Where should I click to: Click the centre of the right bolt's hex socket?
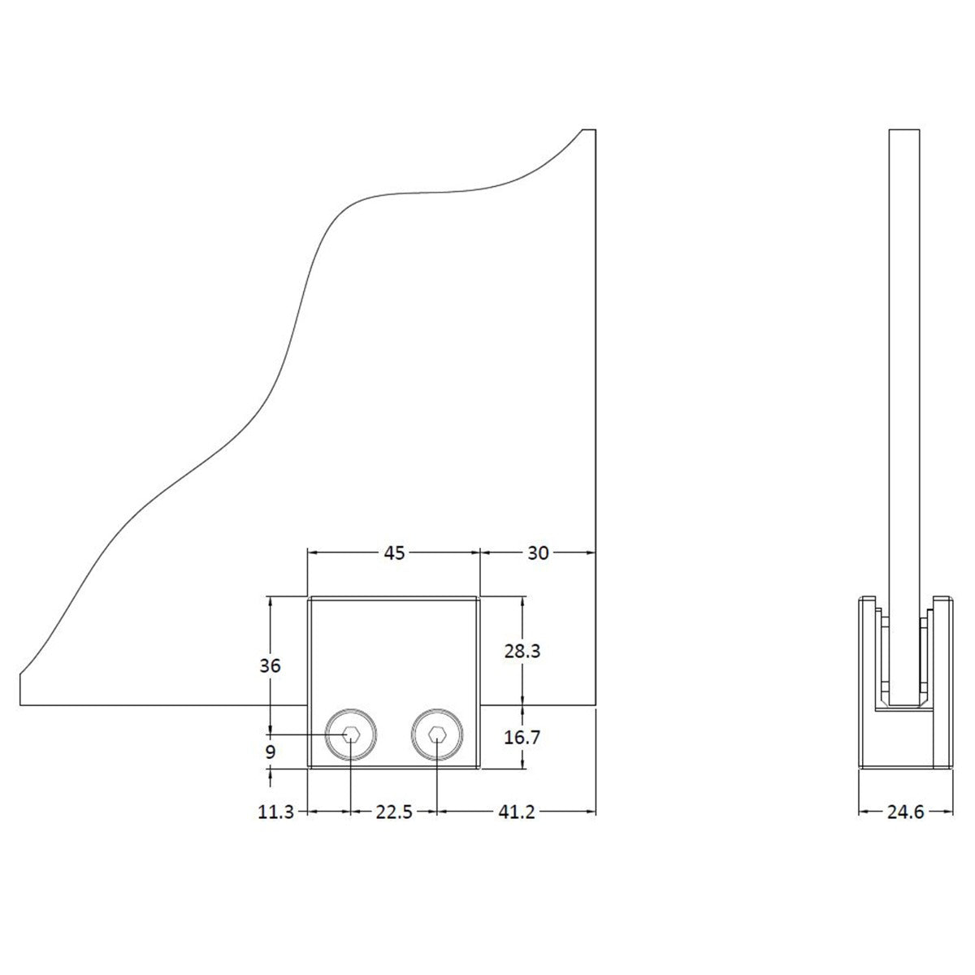point(436,734)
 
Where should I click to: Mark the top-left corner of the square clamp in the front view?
point(308,597)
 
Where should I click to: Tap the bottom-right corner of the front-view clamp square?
point(479,769)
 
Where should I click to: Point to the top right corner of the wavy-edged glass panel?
point(596,129)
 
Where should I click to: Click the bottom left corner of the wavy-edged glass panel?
point(19,704)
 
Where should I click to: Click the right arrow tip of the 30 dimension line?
point(596,553)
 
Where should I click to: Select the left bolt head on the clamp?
point(350,734)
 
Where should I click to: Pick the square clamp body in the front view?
point(394,682)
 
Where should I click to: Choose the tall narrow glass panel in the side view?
point(904,418)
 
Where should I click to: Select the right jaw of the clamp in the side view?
point(943,683)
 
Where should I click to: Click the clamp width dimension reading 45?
point(394,553)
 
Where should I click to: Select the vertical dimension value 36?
point(270,666)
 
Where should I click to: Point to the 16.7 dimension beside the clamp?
point(522,738)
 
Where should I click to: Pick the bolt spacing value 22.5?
point(394,812)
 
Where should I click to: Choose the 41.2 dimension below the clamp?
point(516,812)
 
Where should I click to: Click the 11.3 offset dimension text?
point(275,812)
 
